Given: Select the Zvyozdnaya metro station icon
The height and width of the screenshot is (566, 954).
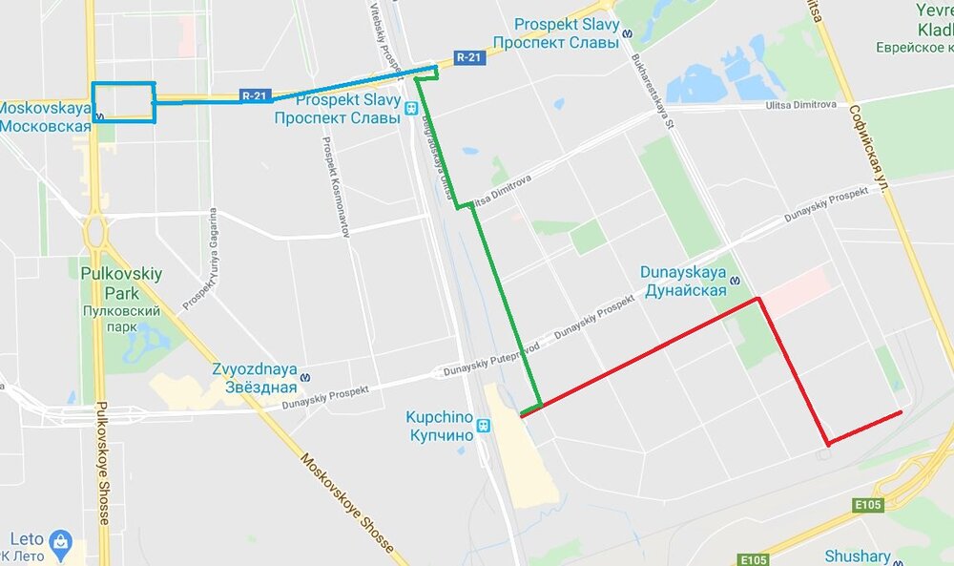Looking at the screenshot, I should pos(305,377).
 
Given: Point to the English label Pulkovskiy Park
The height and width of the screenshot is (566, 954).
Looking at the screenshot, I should pos(121,283).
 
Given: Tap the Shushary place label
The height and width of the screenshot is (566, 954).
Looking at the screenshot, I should pos(857,556).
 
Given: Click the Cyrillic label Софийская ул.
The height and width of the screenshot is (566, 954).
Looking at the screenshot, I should pos(869,148).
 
